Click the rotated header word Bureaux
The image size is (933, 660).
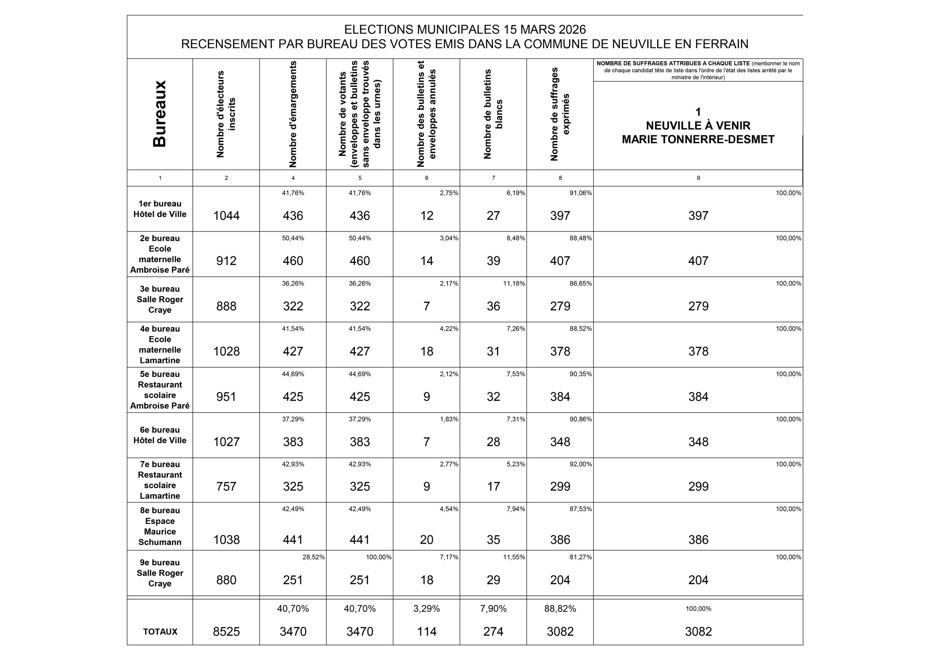159,113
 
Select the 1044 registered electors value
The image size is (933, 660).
226,216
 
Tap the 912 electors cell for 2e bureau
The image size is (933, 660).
226,261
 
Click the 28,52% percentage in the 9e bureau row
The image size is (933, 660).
313,557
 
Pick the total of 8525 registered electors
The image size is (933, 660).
226,632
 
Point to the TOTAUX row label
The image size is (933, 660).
160,632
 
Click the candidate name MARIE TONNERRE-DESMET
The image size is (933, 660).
698,140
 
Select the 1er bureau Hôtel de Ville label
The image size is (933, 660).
160,209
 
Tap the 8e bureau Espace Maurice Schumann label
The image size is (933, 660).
160,526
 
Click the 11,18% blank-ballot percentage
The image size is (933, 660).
514,283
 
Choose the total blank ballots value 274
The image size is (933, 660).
493,632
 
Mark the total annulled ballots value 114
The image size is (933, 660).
427,632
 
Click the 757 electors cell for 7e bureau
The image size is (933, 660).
226,486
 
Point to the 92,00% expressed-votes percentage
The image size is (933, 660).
580,464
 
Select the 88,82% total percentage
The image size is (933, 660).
560,609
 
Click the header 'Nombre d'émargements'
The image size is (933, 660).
293,114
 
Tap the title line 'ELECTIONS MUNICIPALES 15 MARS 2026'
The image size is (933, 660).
465,30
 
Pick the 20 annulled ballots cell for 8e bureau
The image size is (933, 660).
427,540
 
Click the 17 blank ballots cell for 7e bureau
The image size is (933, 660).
493,486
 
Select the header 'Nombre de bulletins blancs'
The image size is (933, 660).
493,114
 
